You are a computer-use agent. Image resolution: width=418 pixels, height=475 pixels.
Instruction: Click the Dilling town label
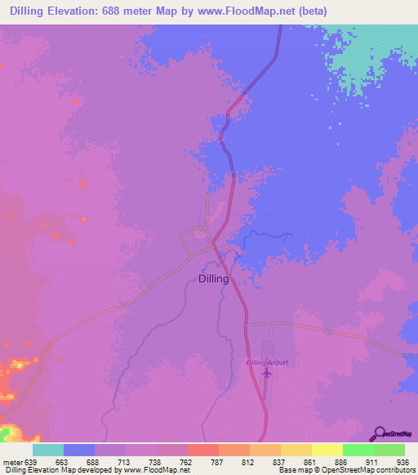[x=214, y=278]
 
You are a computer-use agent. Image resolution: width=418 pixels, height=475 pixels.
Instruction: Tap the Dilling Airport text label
[x=267, y=362]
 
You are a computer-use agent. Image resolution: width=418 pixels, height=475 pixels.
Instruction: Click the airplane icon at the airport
[x=266, y=373]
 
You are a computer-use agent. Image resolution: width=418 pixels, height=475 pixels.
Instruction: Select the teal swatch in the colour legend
[x=47, y=450]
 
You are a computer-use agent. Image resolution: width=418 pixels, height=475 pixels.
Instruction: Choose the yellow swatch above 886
[x=327, y=450]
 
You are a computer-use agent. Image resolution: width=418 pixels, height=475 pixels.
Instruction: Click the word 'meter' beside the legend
[x=11, y=461]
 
